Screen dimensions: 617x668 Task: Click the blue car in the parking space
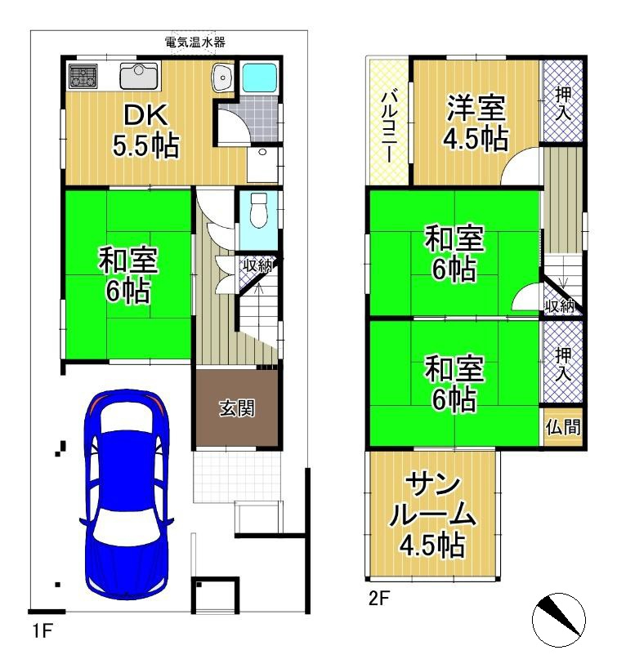coord(127,492)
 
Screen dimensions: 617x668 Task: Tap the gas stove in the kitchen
coord(83,76)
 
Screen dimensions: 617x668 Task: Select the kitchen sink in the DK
coord(140,76)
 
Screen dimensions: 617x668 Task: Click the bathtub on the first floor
coord(259,77)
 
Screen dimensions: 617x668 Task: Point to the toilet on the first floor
coord(258,211)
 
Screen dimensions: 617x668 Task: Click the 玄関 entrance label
coord(237,408)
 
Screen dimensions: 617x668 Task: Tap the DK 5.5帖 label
coord(145,131)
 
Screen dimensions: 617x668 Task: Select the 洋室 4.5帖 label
coord(476,122)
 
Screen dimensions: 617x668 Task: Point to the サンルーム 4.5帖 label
coord(432,515)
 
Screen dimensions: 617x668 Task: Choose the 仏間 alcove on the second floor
coord(563,427)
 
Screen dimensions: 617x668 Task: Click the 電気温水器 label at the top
coord(194,42)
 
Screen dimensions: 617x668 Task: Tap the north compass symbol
coord(559,620)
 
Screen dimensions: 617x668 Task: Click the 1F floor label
coord(42,630)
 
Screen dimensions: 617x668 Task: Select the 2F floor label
coord(379,599)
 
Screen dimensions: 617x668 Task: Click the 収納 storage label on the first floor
coord(257,266)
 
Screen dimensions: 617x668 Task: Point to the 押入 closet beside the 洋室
coord(563,101)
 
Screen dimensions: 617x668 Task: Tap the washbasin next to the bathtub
coord(222,78)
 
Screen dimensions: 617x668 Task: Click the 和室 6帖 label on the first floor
coord(128,275)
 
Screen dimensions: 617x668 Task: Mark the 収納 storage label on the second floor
coord(560,306)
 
